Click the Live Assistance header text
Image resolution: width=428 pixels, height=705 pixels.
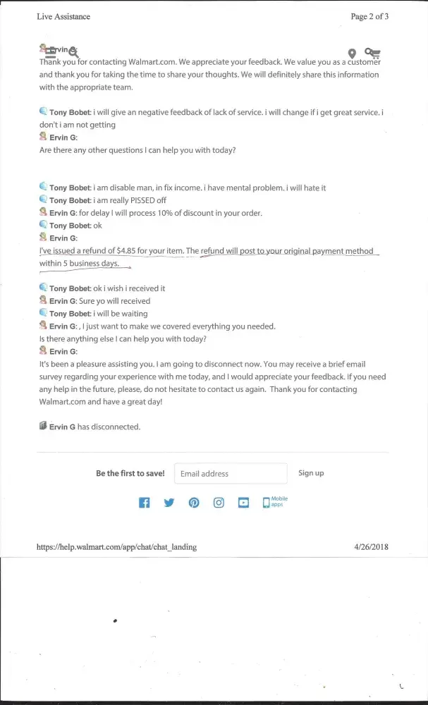63,16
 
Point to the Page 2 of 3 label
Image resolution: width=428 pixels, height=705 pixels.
369,16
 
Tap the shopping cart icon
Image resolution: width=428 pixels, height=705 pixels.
372,53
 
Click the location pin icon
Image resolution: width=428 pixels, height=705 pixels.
352,54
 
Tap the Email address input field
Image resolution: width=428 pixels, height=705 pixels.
231,473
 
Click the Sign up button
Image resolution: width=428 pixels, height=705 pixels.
311,473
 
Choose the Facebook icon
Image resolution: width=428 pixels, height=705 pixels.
144,503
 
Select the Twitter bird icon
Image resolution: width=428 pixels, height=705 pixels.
169,503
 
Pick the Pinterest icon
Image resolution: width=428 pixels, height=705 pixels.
194,503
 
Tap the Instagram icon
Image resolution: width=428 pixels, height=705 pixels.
219,503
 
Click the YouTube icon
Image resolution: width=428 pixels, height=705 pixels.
243,503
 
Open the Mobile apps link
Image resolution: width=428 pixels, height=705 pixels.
275,502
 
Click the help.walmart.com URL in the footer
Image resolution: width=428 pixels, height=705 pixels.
116,546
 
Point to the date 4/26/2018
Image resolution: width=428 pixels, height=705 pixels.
371,546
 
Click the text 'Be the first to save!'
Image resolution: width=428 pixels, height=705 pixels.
130,473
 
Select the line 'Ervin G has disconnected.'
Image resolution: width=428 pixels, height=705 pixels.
94,427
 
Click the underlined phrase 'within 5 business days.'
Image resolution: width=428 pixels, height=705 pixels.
85,264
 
